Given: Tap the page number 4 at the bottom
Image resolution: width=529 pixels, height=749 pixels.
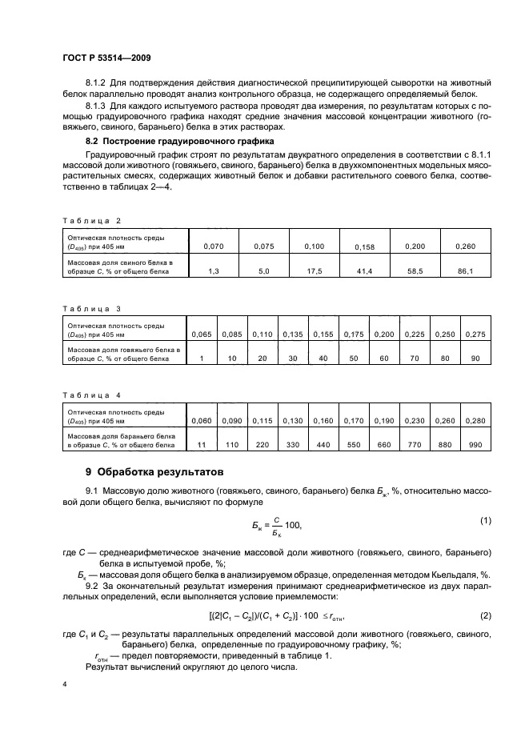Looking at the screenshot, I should coord(65,685).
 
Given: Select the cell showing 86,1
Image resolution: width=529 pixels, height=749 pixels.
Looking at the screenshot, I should coord(465,271).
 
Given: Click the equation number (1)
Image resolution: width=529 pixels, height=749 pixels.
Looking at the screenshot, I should coord(485,522).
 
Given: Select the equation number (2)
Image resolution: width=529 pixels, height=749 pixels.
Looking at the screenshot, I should coord(485,616).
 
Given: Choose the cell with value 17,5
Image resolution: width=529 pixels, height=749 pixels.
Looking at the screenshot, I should coord(315,271).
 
